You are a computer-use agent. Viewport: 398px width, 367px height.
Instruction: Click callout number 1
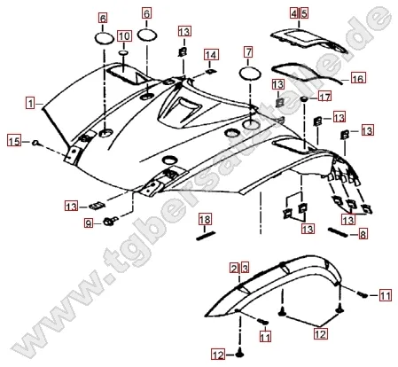(30, 104)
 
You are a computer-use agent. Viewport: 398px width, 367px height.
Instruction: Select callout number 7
(248, 52)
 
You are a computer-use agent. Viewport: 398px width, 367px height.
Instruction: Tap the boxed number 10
(124, 36)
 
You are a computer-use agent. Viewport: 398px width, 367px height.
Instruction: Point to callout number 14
(211, 55)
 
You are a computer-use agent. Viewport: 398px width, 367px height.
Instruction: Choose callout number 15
(14, 141)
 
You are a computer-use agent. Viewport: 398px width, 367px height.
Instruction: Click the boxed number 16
(358, 79)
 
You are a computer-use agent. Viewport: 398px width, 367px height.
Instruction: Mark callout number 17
(324, 97)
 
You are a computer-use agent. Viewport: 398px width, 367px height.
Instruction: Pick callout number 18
(205, 220)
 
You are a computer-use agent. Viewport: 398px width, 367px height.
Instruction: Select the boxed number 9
(89, 223)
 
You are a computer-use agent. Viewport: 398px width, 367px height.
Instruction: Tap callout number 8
(363, 234)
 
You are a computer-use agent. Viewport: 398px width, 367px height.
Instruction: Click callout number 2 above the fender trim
(234, 268)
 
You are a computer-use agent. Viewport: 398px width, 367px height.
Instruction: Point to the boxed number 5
(304, 13)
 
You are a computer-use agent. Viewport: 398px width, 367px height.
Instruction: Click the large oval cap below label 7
(251, 74)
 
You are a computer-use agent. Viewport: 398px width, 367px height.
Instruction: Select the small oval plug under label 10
(124, 52)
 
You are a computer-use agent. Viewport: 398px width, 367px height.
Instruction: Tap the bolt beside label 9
(110, 221)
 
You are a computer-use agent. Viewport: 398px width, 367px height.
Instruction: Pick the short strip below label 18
(206, 236)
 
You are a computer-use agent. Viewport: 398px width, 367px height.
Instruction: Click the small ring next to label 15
(36, 143)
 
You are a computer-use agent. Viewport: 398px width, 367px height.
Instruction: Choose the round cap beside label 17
(304, 98)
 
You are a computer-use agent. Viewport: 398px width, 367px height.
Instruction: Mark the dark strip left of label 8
(338, 231)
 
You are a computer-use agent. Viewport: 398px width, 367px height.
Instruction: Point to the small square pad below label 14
(210, 71)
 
